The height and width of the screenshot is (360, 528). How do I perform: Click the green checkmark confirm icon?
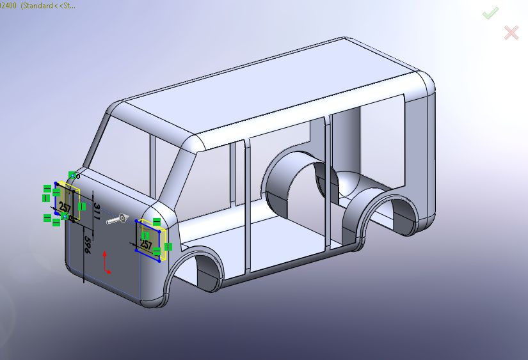click(x=491, y=13)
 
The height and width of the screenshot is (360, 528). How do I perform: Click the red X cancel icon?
click(x=511, y=33)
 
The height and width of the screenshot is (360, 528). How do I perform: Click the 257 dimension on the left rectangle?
click(x=65, y=206)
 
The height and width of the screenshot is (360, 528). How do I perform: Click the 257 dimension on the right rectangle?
click(x=146, y=244)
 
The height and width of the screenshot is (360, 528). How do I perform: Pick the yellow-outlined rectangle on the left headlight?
click(x=67, y=203)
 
